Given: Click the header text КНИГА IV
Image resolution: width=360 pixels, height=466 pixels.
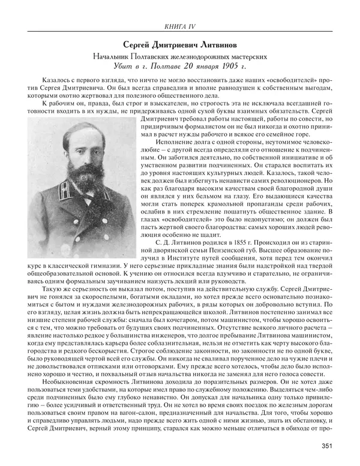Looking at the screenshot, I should pyautogui.click(x=181, y=25).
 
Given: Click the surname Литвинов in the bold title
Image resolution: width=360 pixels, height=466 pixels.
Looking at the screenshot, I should pyautogui.click(x=220, y=44).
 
